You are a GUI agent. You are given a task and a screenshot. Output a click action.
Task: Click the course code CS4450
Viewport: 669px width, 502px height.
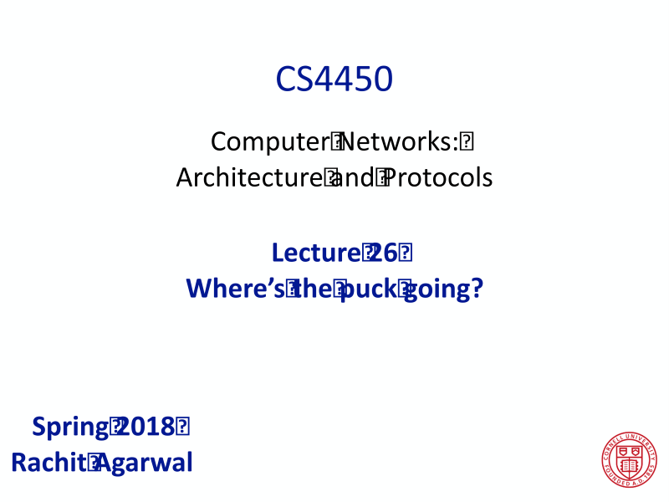pos(334,79)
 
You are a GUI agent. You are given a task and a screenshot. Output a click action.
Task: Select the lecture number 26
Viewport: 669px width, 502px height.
pos(382,253)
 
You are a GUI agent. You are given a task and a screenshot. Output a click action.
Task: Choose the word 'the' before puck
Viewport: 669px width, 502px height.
pos(314,289)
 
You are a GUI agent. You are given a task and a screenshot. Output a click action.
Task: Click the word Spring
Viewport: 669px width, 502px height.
pos(69,427)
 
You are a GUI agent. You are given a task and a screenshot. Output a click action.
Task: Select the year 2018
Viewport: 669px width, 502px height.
pos(147,427)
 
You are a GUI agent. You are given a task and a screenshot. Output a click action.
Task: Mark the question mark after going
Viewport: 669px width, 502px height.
pos(477,289)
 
